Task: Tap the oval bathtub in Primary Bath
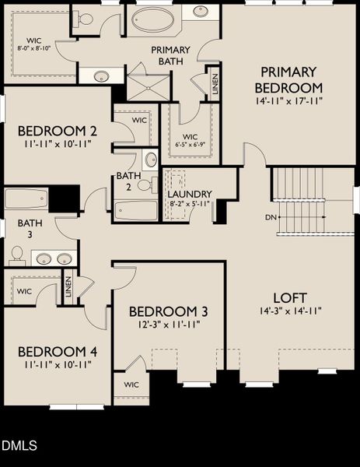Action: (152, 20)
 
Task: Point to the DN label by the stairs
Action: (271, 216)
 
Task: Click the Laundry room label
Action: (190, 194)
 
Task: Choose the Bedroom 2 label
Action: (57, 130)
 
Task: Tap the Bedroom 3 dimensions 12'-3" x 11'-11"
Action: (169, 325)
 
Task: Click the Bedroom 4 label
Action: (57, 352)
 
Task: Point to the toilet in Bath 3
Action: (16, 255)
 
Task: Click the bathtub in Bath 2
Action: (136, 210)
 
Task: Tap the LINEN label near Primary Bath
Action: (214, 85)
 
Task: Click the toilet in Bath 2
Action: (144, 184)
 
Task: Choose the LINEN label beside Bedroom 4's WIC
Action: (68, 287)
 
